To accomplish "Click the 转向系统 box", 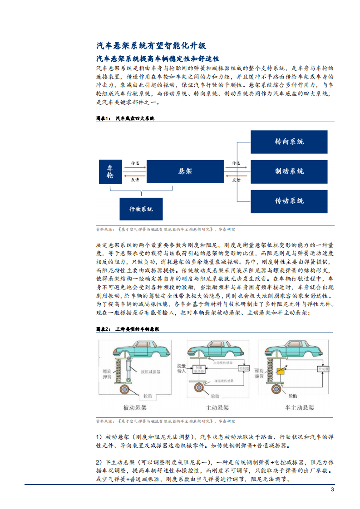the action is (x=289, y=142).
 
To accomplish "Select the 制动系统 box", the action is (x=289, y=171).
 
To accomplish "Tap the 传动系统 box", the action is (x=289, y=201).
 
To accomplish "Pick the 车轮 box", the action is (x=110, y=171).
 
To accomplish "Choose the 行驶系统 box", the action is (x=141, y=209).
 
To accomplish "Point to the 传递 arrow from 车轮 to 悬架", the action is (x=135, y=167).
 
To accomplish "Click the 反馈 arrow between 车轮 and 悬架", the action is (x=135, y=176).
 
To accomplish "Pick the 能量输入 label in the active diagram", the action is (x=195, y=367).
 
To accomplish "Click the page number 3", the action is (x=332, y=489).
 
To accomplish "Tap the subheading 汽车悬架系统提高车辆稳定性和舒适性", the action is (x=158, y=59).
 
